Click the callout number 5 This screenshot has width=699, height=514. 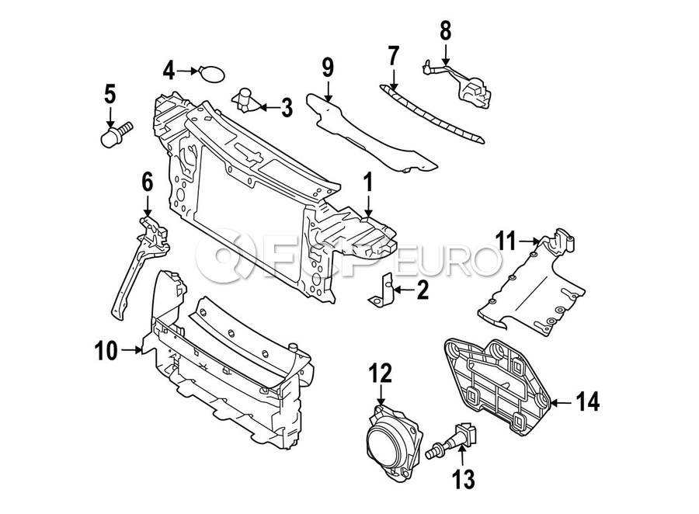coord(110,94)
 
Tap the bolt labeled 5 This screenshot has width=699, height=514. coord(116,134)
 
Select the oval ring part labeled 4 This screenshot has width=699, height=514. coord(211,74)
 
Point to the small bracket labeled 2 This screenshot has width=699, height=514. coord(381,290)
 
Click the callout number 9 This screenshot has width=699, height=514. coord(327,68)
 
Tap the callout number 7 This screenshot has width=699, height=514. coord(393,56)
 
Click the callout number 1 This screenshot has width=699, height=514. coord(368,183)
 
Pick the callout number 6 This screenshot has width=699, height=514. coord(147,182)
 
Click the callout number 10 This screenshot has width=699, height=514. coord(106,351)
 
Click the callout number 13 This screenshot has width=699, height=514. coord(464,479)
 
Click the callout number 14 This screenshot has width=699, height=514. coord(588,401)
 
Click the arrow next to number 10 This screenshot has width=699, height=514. coord(132,350)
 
